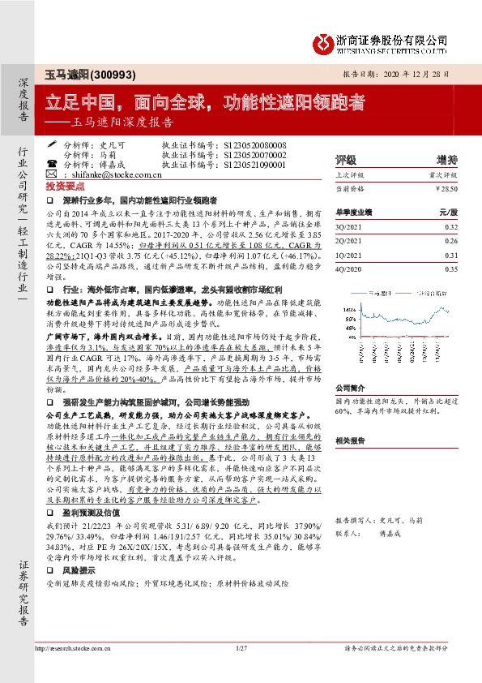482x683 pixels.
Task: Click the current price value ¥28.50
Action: tap(446, 188)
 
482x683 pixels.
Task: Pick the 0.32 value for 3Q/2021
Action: tap(451, 229)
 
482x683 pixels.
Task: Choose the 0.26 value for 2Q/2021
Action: tap(451, 242)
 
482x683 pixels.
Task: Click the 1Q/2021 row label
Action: tap(348, 255)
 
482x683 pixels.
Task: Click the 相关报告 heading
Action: tap(350, 440)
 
